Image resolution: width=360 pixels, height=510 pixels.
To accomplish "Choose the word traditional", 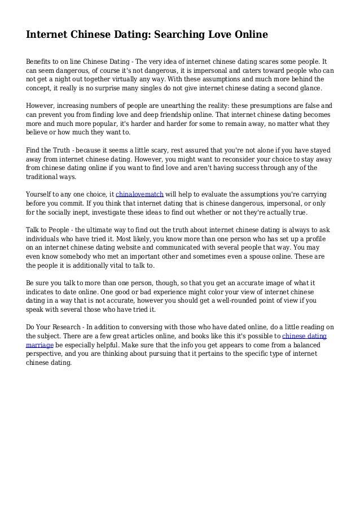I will coord(46,176).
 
